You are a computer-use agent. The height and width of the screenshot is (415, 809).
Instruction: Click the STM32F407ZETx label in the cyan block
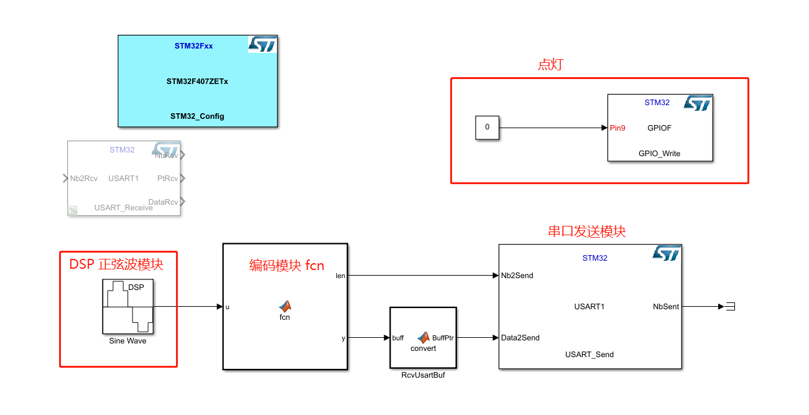pos(197,82)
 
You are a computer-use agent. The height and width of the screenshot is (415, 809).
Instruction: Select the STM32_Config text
pos(197,116)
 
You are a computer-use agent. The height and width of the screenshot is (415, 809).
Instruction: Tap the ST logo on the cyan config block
pos(262,44)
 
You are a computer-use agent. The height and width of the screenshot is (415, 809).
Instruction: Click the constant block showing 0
pos(487,128)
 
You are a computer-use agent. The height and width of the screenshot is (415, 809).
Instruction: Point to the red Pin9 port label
pos(618,128)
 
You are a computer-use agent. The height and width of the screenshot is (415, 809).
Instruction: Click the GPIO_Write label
pos(659,153)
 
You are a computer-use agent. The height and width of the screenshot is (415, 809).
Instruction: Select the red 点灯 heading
pos(550,65)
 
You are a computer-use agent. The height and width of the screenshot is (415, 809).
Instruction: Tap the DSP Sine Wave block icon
pos(128,306)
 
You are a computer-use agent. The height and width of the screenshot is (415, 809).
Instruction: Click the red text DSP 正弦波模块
pos(116,264)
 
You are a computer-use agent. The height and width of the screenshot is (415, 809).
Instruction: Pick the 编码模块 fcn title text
pos(287,266)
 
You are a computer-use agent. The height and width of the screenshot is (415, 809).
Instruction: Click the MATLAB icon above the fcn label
pos(285,306)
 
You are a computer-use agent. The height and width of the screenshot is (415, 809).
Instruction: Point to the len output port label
pos(340,276)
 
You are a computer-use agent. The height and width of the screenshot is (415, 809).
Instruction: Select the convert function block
pos(423,337)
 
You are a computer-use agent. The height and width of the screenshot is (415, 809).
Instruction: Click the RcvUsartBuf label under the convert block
pos(423,375)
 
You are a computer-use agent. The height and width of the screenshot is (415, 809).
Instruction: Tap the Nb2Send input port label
pos(517,276)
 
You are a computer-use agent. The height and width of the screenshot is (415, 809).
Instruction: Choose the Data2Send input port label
pos(520,338)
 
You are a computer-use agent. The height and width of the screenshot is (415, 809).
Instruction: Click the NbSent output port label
pos(666,307)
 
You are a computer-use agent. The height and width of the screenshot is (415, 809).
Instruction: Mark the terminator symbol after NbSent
pos(731,307)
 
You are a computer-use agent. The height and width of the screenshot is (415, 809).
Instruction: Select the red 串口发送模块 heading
pos(586,231)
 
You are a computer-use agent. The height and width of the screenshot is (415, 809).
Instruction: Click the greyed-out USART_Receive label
pos(123,208)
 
